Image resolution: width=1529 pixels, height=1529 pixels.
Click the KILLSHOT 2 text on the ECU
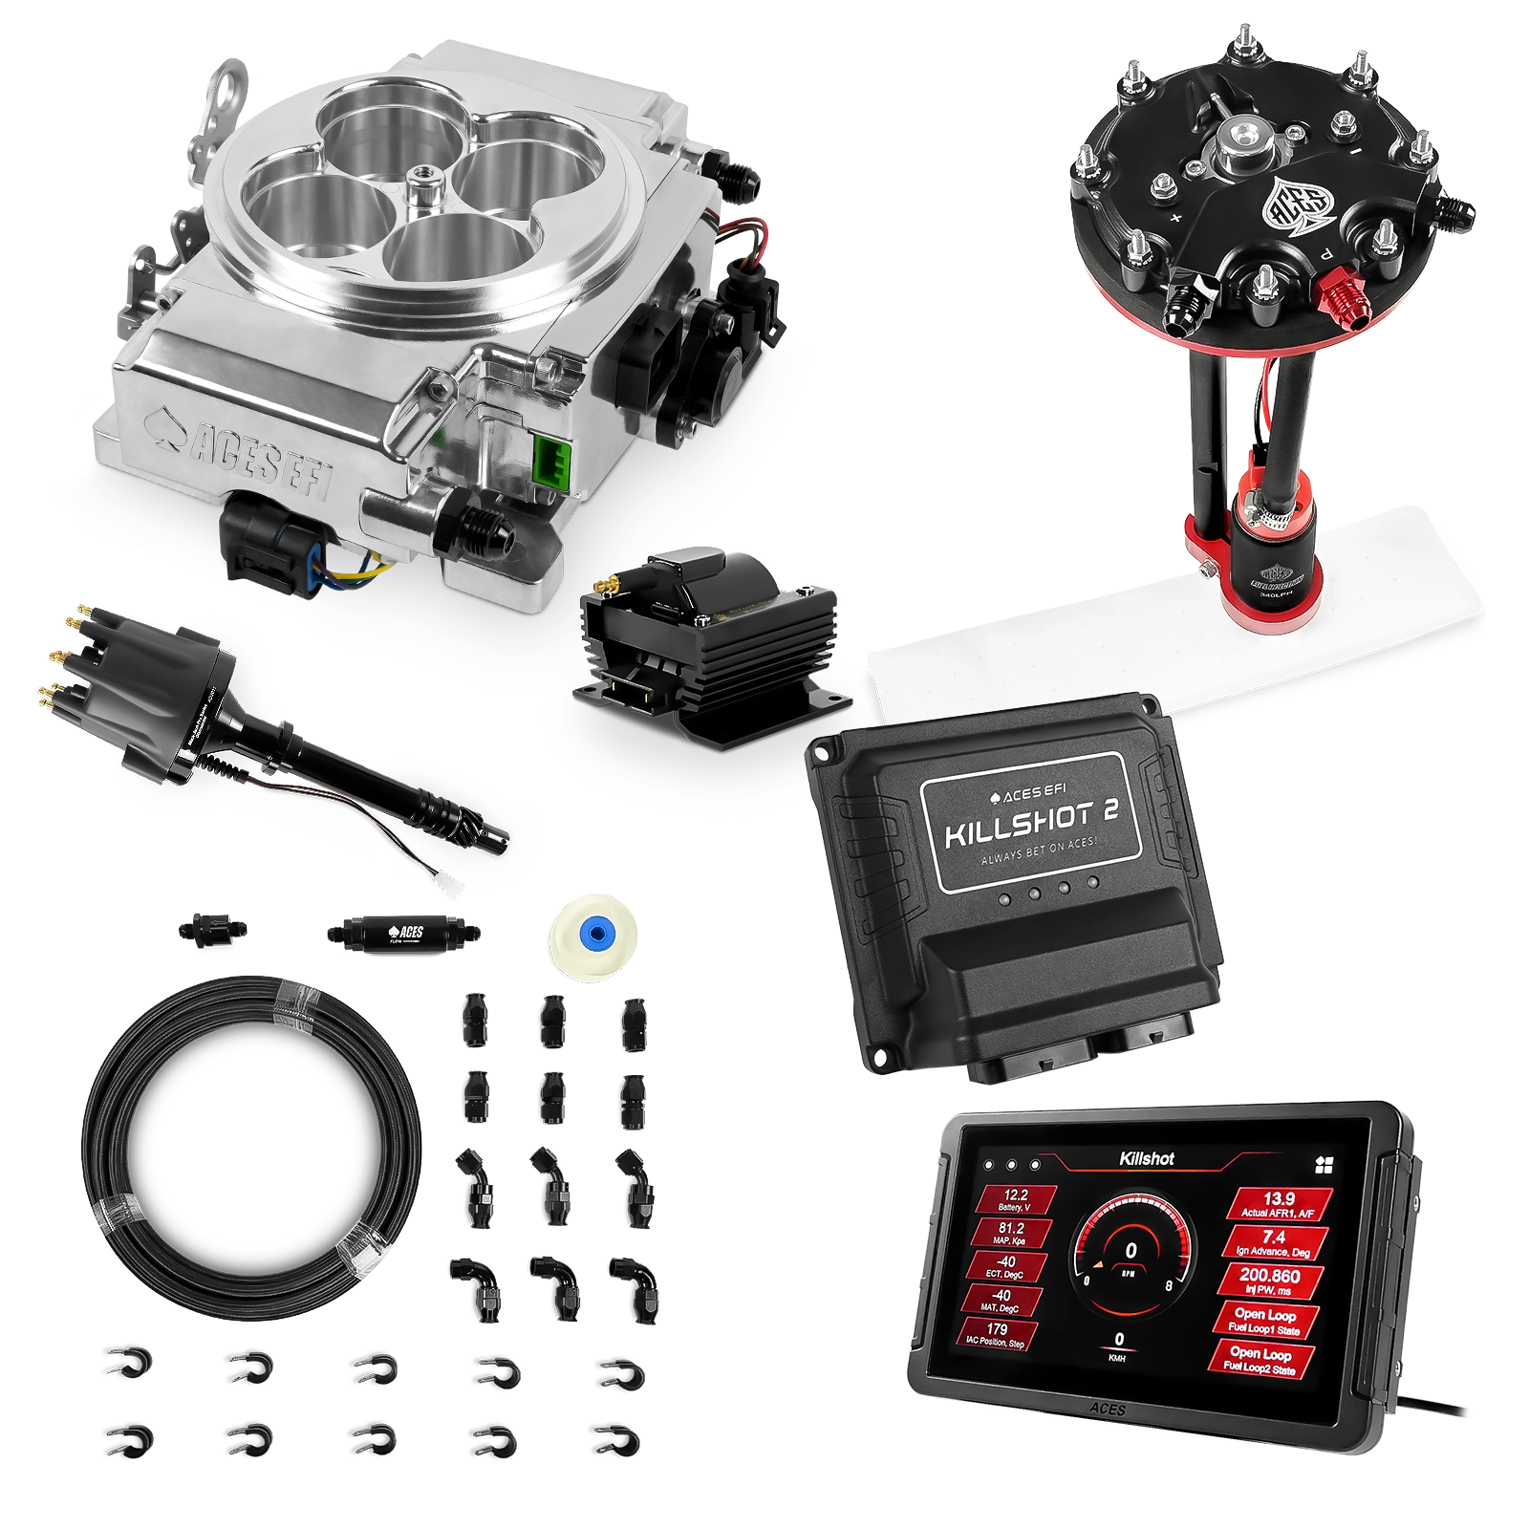(1024, 826)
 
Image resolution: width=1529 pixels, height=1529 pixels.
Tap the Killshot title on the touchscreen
(1146, 1159)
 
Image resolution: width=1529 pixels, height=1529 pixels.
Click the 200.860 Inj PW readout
(1269, 1281)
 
